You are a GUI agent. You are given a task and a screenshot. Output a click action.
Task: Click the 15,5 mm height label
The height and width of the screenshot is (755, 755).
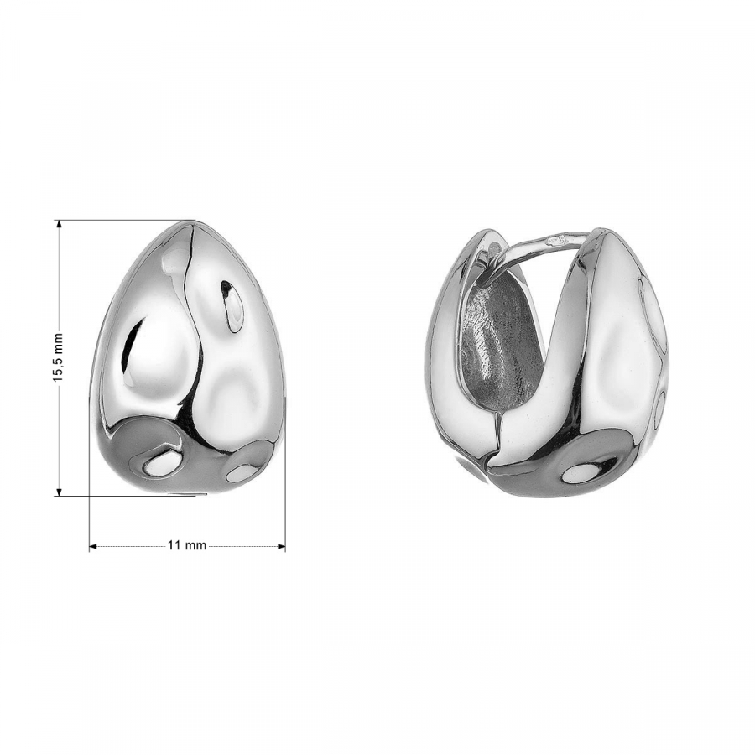58,357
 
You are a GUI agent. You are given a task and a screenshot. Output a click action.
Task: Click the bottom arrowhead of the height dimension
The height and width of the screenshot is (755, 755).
60,491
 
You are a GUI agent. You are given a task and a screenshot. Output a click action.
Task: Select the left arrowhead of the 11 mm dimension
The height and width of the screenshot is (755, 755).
94,546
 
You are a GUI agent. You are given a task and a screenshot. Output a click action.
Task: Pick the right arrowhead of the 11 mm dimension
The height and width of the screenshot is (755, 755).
281,546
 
